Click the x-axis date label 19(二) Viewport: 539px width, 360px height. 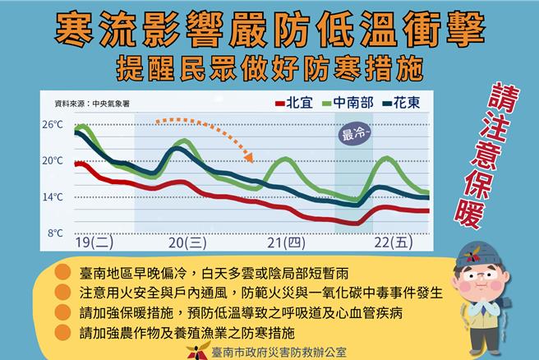click(94, 243)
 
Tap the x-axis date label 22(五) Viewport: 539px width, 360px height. click(389, 243)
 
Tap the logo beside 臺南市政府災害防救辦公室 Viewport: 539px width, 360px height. click(196, 350)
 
